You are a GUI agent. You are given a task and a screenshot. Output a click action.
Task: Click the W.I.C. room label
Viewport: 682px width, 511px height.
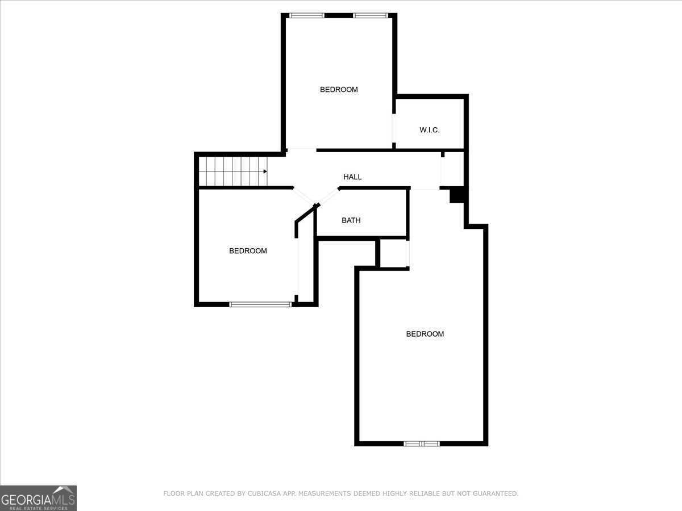(x=430, y=130)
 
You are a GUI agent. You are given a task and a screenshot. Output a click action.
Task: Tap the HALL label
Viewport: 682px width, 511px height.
(x=352, y=177)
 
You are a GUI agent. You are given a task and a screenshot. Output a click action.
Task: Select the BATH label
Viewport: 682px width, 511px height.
(x=351, y=220)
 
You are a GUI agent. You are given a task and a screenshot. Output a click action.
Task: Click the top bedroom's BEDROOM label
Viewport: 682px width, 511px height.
(x=339, y=89)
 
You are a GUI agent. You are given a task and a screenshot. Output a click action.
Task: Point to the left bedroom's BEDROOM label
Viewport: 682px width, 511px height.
(x=248, y=250)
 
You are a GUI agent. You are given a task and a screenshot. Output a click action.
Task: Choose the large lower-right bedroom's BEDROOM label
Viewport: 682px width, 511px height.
(x=425, y=334)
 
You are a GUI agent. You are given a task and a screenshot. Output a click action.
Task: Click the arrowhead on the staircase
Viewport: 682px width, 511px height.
(x=265, y=171)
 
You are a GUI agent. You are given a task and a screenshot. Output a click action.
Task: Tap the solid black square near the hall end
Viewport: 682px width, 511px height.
(x=458, y=195)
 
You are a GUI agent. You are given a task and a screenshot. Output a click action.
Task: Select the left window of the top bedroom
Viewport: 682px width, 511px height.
(x=307, y=15)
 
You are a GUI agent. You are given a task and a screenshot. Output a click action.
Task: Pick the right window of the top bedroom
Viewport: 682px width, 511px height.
(x=371, y=15)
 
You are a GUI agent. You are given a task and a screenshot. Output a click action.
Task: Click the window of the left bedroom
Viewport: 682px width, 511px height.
(x=260, y=304)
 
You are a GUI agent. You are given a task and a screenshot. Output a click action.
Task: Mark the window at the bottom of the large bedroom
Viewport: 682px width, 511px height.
(x=422, y=443)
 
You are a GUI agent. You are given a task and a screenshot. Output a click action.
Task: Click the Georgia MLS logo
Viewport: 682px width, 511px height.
(x=38, y=498)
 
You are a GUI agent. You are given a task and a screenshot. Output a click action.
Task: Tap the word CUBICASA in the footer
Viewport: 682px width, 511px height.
(x=262, y=493)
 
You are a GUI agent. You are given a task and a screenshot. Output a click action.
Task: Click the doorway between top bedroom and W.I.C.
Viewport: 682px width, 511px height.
(x=393, y=128)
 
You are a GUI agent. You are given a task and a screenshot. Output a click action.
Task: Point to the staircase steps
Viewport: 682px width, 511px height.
(x=232, y=171)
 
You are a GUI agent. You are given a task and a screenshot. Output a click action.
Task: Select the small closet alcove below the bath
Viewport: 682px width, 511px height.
(x=393, y=253)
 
